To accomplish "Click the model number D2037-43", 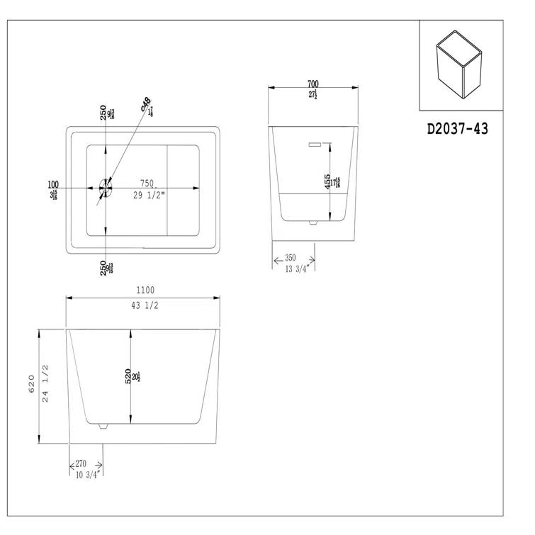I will pos(458,129).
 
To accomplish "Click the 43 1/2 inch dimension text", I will pos(144,305).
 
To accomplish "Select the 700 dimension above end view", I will pos(312,84).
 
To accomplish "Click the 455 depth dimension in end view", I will pos(328,183).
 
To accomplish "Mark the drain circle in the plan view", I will pos(106,188).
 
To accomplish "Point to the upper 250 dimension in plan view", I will pos(103,113).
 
